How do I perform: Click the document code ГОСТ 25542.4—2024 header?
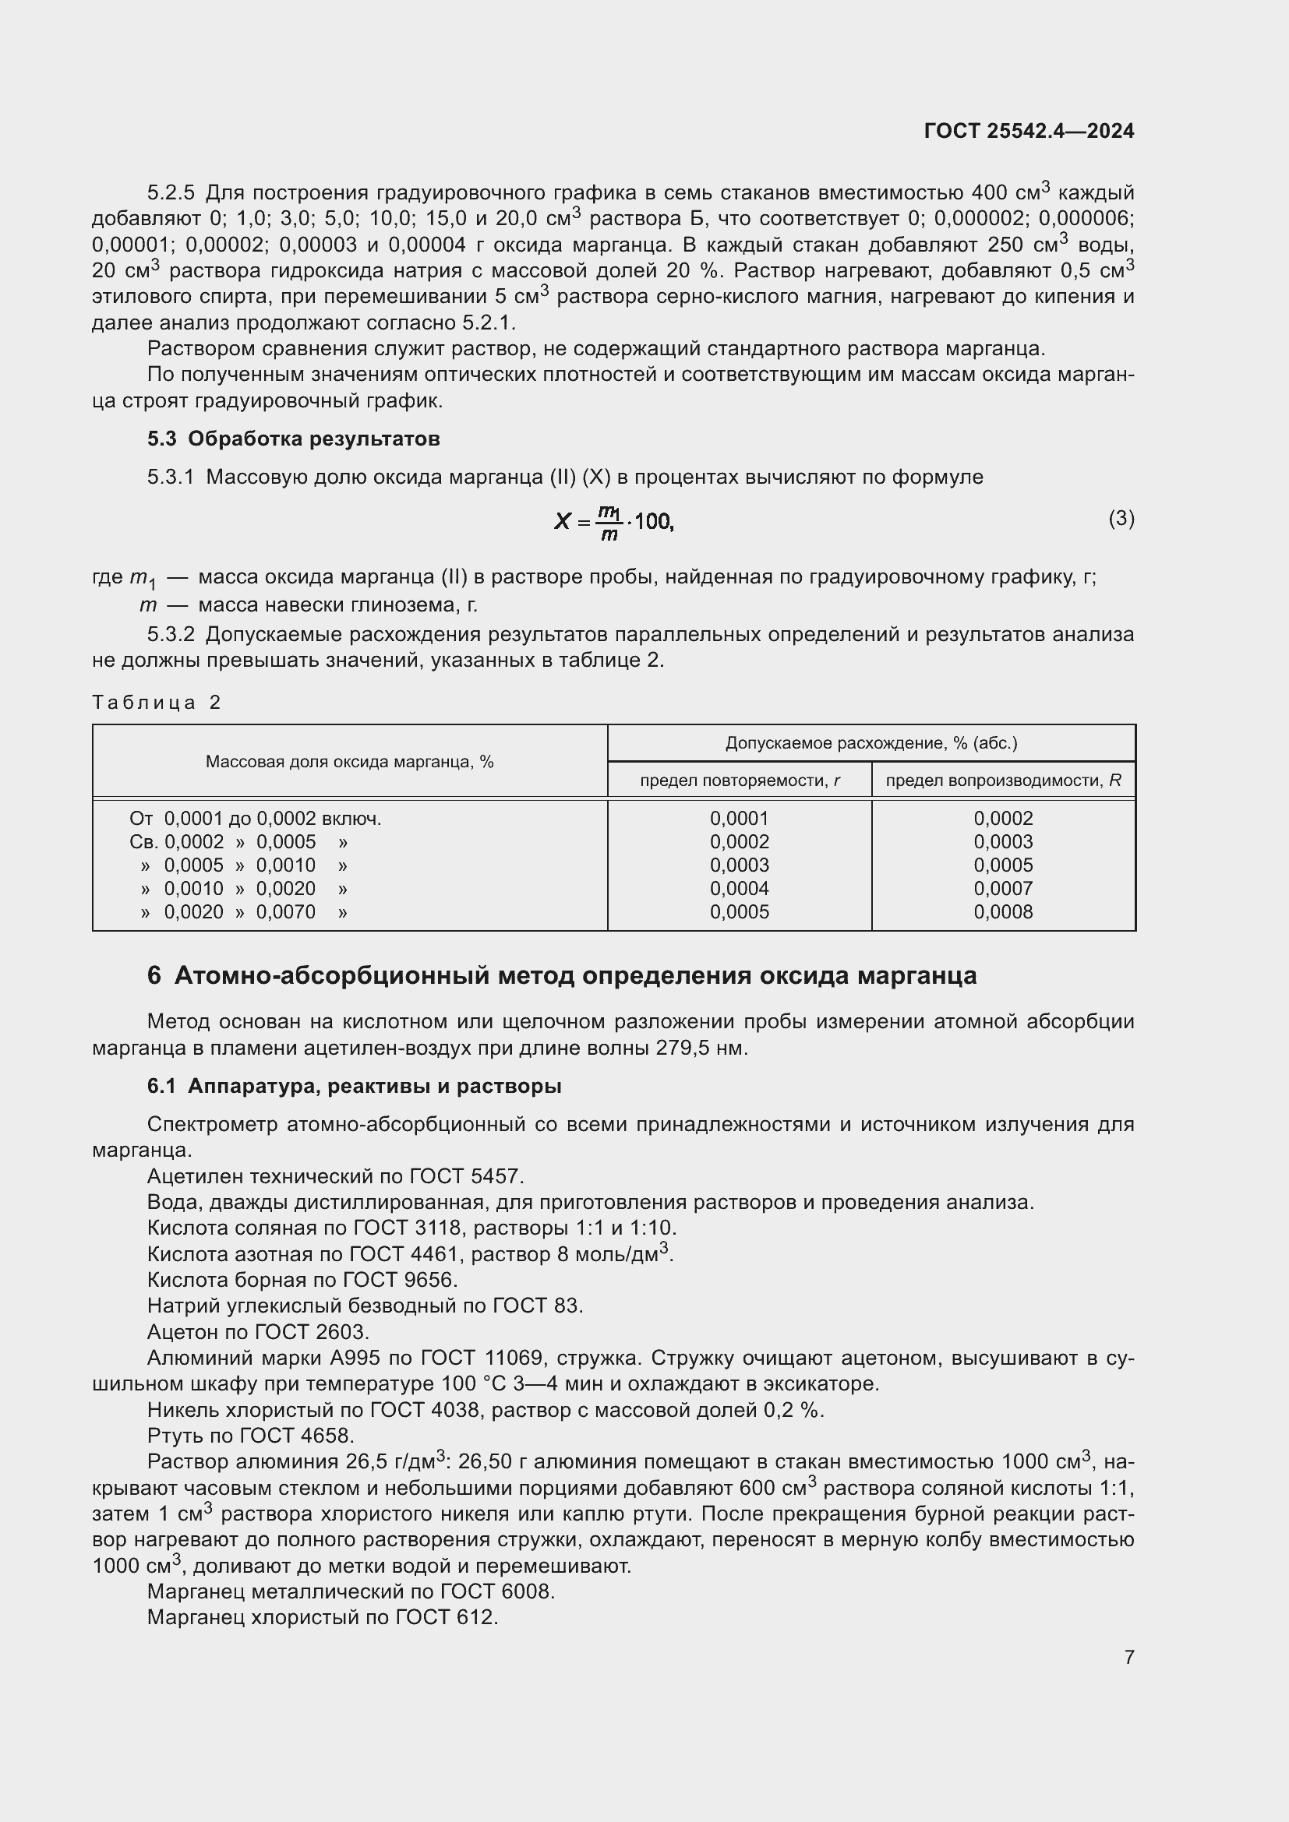pyautogui.click(x=1029, y=131)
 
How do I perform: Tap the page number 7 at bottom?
pyautogui.click(x=1128, y=1657)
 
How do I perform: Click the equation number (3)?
pyautogui.click(x=1121, y=518)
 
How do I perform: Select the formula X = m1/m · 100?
pyautogui.click(x=613, y=521)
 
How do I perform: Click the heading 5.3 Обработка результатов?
pyautogui.click(x=293, y=439)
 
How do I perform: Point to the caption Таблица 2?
pyautogui.click(x=157, y=703)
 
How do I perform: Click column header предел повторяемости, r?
pyautogui.click(x=740, y=780)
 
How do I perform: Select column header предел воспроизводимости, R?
pyautogui.click(x=1003, y=780)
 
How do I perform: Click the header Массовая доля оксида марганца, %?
pyautogui.click(x=349, y=762)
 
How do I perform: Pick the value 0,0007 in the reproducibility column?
pyautogui.click(x=1003, y=888)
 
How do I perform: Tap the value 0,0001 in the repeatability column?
pyautogui.click(x=740, y=818)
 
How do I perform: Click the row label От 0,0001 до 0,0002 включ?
pyautogui.click(x=255, y=818)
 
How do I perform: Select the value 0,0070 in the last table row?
pyautogui.click(x=286, y=912)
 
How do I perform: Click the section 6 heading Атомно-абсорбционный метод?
pyautogui.click(x=561, y=975)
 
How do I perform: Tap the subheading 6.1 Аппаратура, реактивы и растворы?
pyautogui.click(x=354, y=1087)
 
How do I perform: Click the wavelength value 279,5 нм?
pyautogui.click(x=701, y=1048)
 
